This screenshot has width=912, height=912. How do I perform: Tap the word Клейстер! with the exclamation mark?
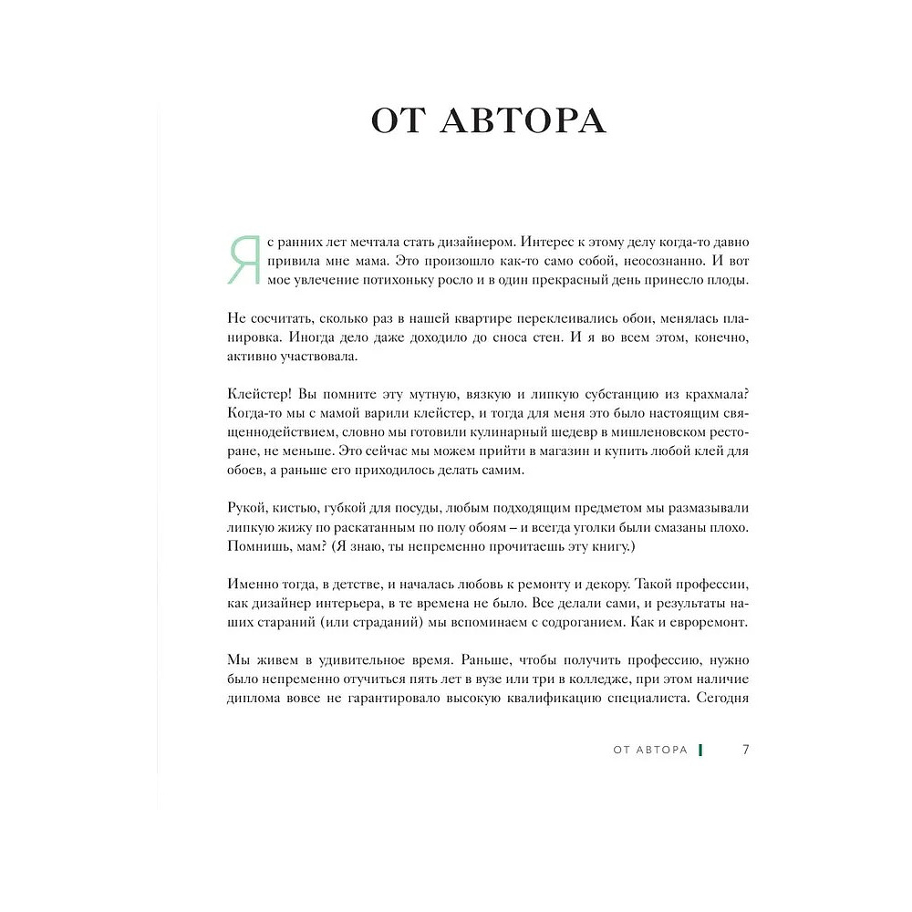(x=256, y=393)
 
